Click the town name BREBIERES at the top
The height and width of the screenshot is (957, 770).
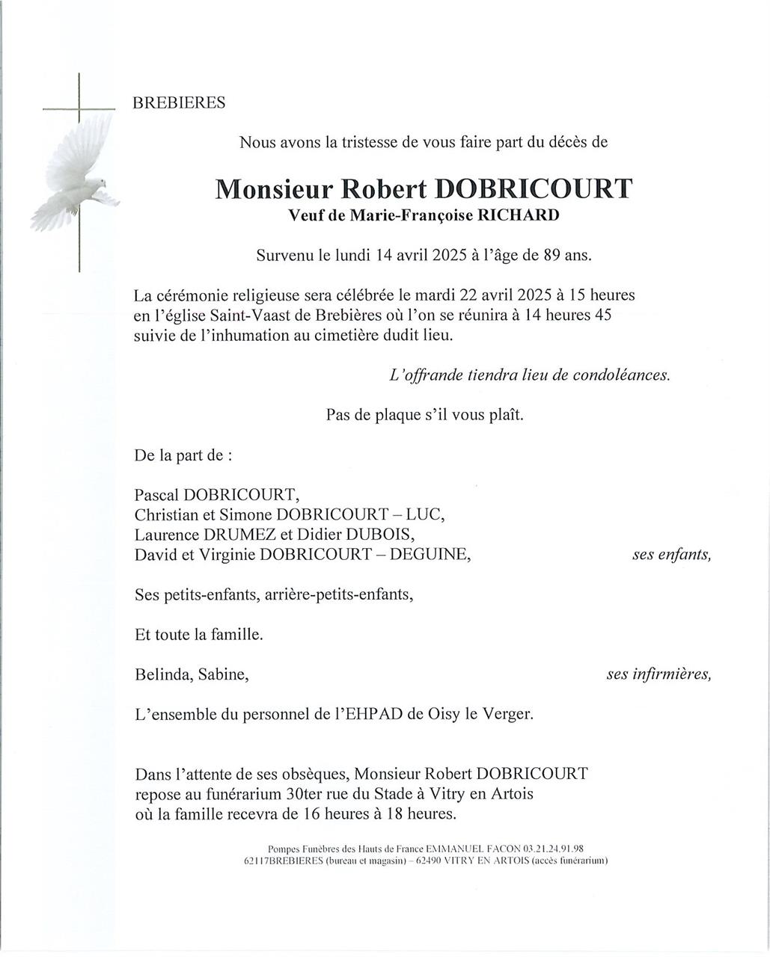(179, 103)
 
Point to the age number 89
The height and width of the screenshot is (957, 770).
(548, 255)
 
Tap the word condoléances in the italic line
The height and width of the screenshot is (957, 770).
(620, 376)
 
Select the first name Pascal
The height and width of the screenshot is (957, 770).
(157, 495)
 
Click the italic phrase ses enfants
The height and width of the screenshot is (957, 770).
(671, 555)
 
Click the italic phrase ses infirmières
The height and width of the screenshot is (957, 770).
(659, 675)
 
